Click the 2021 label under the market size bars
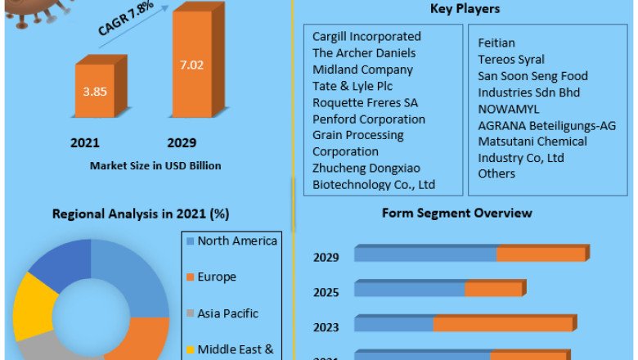[x=85, y=143]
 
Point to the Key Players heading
[x=465, y=9]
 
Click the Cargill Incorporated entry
[x=366, y=36]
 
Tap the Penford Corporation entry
[x=369, y=119]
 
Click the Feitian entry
[x=496, y=43]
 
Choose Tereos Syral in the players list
[x=511, y=59]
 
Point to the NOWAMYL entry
[x=509, y=109]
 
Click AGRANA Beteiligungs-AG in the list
[x=546, y=125]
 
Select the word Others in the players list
[x=496, y=173]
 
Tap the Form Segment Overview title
[x=456, y=213]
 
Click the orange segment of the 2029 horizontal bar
[x=541, y=254]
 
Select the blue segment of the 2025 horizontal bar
[x=409, y=289]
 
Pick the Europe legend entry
[x=216, y=277]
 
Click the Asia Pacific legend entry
[x=227, y=313]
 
